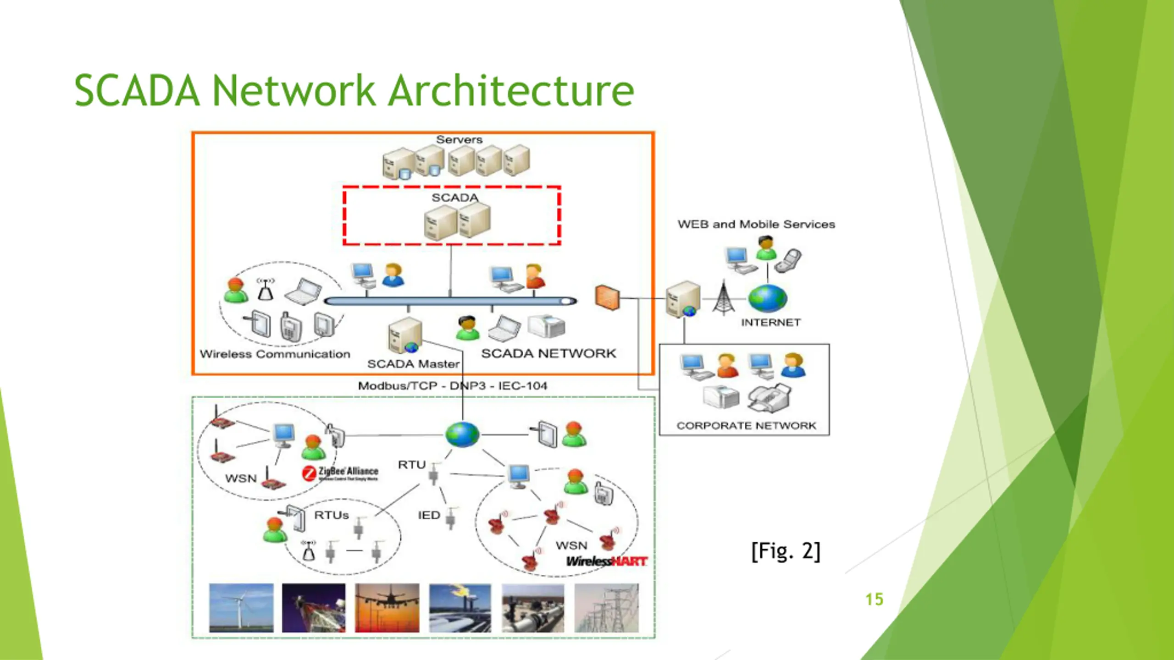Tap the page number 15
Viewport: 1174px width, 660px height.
[874, 599]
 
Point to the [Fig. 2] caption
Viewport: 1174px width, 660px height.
[786, 551]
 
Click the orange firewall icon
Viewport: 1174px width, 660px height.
[607, 297]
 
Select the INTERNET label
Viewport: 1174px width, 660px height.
[771, 323]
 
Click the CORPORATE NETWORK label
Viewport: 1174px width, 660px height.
[746, 426]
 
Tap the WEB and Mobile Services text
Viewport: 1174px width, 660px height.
[756, 225]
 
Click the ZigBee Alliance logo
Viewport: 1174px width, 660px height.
[340, 473]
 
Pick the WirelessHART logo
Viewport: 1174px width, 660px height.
[606, 561]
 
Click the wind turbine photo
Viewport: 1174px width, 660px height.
[241, 608]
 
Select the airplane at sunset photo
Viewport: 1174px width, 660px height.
[387, 608]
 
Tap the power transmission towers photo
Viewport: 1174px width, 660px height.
[606, 608]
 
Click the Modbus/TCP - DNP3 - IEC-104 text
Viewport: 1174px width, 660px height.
[452, 386]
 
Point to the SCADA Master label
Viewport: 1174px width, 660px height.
[413, 364]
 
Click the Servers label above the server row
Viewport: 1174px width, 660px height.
[459, 140]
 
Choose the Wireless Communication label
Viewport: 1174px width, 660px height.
[275, 354]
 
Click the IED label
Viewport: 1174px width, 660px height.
[429, 516]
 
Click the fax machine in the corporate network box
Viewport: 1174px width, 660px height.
[770, 398]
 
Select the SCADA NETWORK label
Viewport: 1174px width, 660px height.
[548, 353]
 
